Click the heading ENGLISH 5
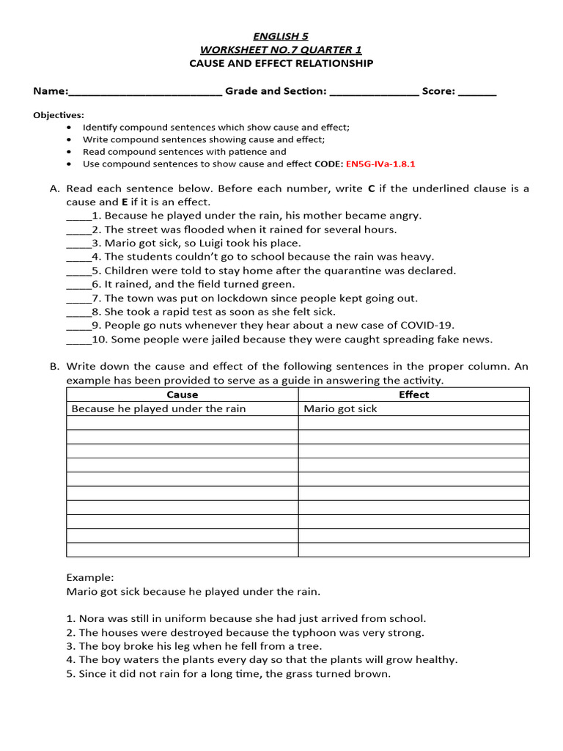coord(281,35)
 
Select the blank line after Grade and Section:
coord(374,93)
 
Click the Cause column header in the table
coord(182,395)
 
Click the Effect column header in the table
coord(413,395)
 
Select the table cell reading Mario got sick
coord(340,409)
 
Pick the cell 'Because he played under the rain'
coord(158,409)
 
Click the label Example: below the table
coord(90,577)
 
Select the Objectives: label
coord(59,115)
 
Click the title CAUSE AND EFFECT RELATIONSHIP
coord(281,64)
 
